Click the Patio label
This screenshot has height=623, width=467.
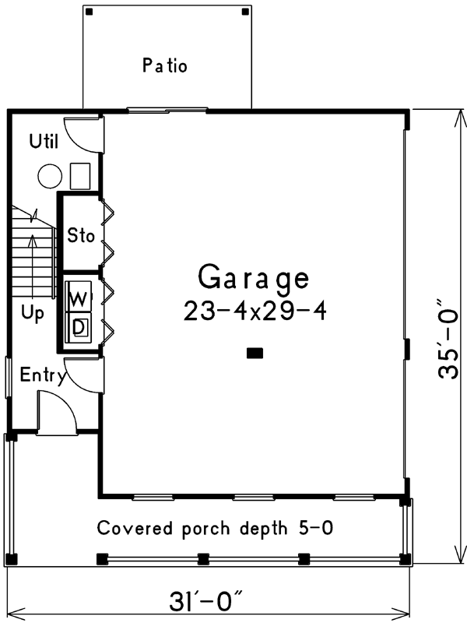coord(165,65)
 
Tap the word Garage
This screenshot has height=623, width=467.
coord(254,279)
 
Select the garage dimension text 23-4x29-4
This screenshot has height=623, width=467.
coord(255,311)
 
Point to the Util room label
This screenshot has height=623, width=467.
coord(44,141)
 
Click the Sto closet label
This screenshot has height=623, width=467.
coord(81,235)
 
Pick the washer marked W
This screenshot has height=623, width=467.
coord(79,297)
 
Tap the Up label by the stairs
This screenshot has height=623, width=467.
coord(33,314)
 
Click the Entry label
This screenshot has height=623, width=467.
coord(43,375)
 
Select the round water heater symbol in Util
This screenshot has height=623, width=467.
coord(50,176)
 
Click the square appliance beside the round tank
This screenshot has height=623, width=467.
coord(80,176)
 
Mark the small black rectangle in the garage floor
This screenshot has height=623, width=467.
coord(255,354)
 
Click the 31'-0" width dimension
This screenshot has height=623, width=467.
coord(205,601)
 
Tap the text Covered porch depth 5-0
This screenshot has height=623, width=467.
coord(215,529)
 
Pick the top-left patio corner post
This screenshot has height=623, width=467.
coord(90,12)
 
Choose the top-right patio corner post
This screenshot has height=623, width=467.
coord(245,12)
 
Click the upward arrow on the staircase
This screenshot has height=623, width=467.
coord(32,266)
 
